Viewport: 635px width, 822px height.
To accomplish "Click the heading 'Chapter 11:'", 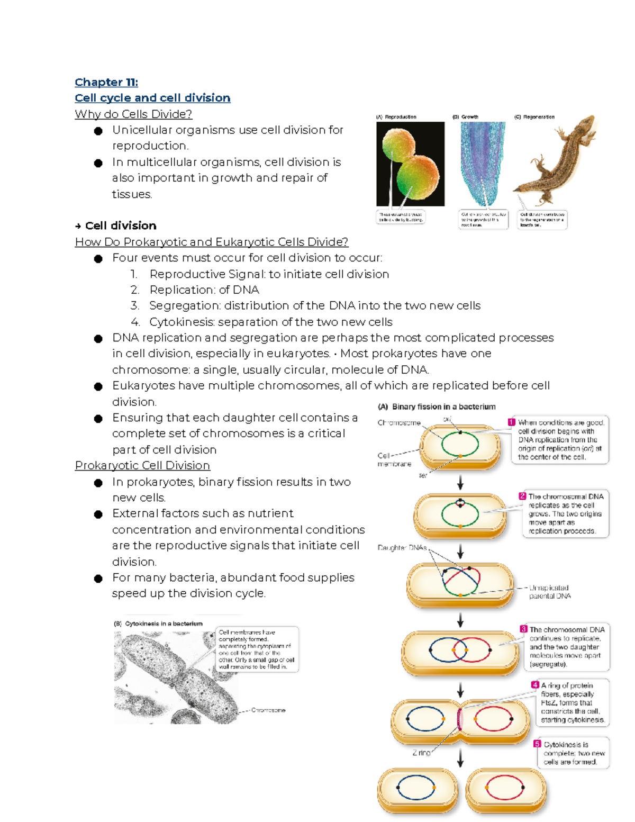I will click(106, 82).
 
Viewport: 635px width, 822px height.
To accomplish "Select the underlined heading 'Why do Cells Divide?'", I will click(133, 114).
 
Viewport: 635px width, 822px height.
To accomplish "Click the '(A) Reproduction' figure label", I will click(396, 117).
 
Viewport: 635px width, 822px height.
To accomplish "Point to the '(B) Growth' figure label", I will click(465, 117).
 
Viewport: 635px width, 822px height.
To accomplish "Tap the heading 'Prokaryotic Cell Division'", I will click(142, 465).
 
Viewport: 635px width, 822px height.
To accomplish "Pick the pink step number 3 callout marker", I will click(523, 629).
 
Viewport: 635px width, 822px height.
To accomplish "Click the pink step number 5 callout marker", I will click(537, 744).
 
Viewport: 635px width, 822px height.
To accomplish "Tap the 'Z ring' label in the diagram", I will click(421, 752).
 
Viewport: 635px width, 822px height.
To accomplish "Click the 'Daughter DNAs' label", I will click(402, 548).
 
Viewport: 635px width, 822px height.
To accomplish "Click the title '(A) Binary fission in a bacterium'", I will click(437, 407).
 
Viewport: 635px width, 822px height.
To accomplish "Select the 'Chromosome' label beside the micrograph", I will click(268, 710).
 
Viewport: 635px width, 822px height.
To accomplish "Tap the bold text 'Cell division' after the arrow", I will click(121, 225).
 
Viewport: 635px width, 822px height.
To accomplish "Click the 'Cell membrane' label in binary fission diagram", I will click(394, 459).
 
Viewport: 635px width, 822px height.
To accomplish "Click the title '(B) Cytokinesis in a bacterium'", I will click(158, 624).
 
